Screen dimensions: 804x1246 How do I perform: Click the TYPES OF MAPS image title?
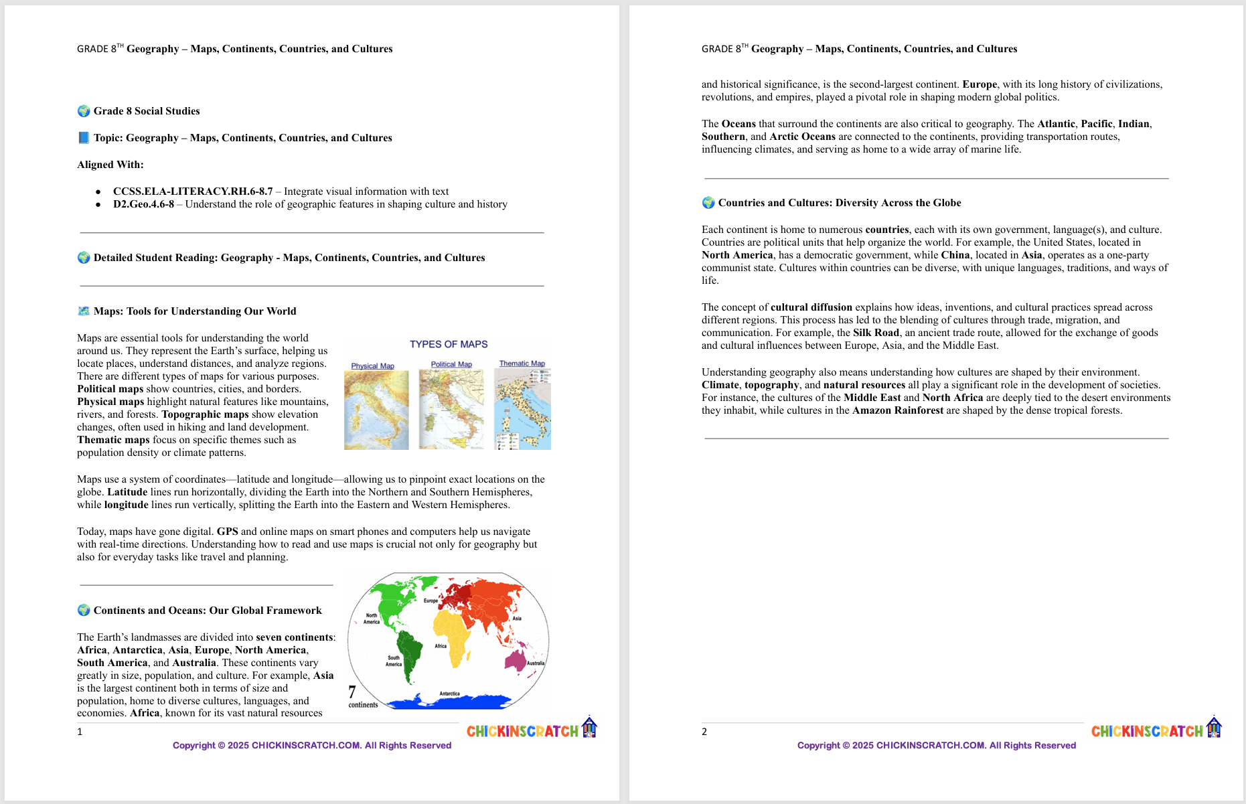449,344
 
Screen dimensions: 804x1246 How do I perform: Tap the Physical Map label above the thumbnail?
372,366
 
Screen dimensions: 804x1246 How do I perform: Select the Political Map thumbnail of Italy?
451,409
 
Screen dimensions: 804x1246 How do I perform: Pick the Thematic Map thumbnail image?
522,409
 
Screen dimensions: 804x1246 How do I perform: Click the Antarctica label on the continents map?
449,694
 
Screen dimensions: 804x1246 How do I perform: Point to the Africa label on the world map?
441,646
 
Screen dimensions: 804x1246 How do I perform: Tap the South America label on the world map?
394,661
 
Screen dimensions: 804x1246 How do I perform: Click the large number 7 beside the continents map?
352,692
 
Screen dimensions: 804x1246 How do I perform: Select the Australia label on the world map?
536,663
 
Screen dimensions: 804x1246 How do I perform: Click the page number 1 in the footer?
80,732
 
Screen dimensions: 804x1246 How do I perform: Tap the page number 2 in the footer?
704,732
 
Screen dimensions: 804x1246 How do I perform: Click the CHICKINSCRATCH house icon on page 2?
1214,727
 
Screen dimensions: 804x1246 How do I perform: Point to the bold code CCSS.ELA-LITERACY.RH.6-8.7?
193,191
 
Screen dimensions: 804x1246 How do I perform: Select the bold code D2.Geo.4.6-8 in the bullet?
143,204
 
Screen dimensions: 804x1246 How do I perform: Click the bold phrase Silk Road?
876,333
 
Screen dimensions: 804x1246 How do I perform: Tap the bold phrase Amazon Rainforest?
897,410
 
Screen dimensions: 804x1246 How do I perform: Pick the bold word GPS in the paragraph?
228,532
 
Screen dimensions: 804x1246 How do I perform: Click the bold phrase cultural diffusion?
811,307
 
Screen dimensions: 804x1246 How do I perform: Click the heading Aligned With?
110,165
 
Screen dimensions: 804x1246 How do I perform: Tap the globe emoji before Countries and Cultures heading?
708,203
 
